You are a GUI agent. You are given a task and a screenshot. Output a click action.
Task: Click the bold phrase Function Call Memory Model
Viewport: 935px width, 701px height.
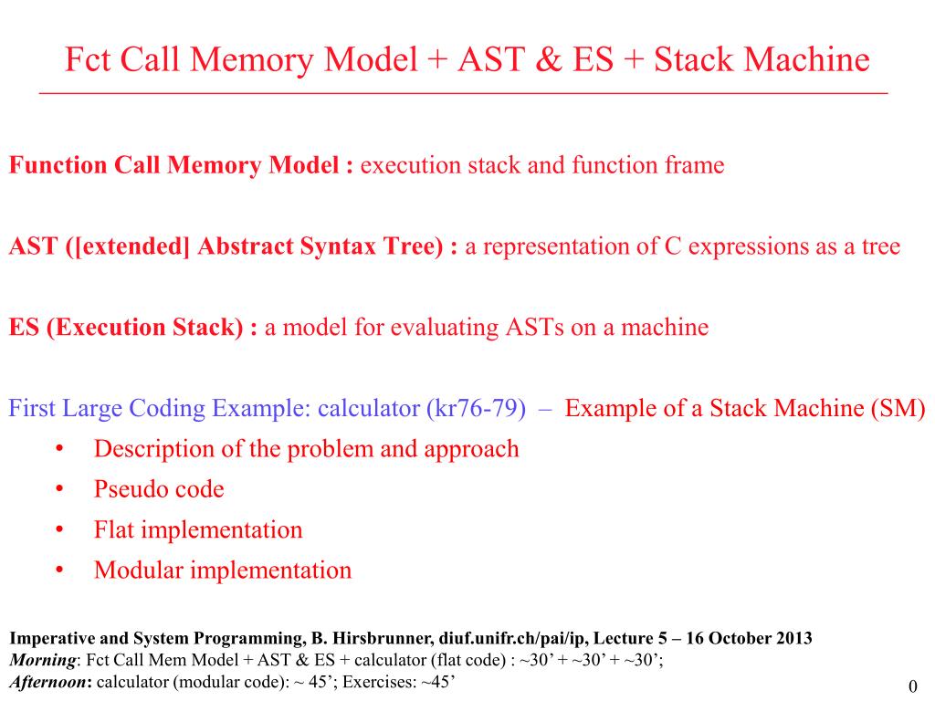pos(173,165)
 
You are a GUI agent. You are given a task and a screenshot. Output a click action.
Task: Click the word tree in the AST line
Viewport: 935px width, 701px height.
pos(881,246)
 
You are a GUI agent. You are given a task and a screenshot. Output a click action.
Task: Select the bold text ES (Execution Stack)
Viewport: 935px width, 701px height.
pos(126,328)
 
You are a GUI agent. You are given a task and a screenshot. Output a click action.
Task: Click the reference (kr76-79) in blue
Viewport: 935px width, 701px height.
pos(476,408)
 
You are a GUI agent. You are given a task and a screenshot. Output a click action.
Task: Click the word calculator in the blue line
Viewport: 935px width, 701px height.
pos(369,408)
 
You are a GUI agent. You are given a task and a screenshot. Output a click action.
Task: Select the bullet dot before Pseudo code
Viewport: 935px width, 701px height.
pos(59,489)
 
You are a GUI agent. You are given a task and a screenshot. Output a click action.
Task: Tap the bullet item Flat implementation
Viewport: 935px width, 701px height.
pos(198,530)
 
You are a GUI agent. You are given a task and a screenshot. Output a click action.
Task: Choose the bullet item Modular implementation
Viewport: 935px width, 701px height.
pos(223,570)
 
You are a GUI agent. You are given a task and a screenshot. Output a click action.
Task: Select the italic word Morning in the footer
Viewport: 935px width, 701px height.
pos(43,661)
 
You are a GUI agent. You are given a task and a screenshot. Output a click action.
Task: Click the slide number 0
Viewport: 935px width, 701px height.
pos(912,686)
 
